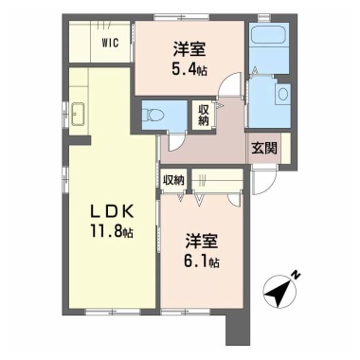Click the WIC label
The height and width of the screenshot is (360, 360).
click(x=110, y=43)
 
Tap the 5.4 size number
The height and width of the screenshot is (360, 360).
click(x=185, y=68)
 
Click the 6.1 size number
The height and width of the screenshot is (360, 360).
click(x=197, y=261)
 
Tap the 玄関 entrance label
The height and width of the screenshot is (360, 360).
click(x=264, y=148)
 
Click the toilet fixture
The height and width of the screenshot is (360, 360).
click(x=149, y=115)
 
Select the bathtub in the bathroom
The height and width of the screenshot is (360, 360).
click(x=268, y=35)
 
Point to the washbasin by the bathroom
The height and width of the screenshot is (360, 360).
click(x=282, y=95)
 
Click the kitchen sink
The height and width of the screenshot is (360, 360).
click(x=78, y=114)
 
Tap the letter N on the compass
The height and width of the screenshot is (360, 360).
click(x=296, y=276)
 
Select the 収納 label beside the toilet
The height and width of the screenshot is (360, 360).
click(x=204, y=116)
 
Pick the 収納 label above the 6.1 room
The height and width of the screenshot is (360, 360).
click(x=173, y=180)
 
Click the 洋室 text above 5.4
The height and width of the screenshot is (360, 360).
click(x=189, y=50)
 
